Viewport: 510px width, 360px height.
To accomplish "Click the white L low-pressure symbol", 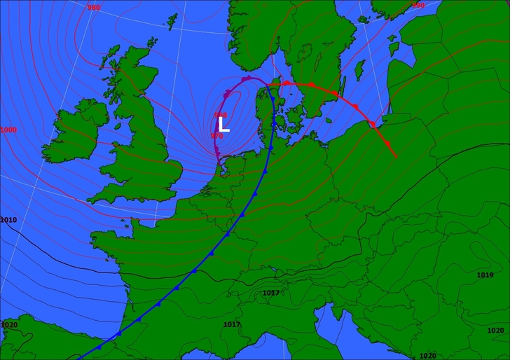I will click(223, 125).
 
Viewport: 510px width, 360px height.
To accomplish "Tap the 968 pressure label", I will click(221, 115).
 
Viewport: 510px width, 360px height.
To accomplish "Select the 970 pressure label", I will click(216, 135).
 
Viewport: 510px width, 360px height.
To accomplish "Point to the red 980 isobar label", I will click(93, 8).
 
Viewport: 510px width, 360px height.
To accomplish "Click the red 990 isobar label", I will click(418, 6).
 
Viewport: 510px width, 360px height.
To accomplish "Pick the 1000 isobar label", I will click(8, 130).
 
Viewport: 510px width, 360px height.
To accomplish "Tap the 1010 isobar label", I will click(8, 220).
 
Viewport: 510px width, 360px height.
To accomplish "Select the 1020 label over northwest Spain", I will click(9, 325).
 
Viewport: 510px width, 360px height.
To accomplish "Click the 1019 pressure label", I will click(485, 275).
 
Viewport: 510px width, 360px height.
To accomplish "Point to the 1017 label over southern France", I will click(232, 324).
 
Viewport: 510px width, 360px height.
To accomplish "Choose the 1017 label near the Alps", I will click(271, 293).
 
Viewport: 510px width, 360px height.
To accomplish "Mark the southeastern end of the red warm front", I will click(397, 157).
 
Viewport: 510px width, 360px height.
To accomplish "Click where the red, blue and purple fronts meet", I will click(268, 85).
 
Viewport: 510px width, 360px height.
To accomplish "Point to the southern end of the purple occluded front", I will click(219, 166).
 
